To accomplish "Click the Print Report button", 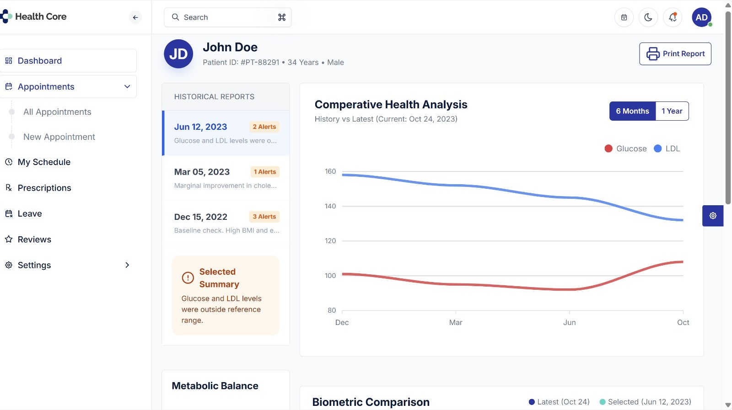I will [675, 54].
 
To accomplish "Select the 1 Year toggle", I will [672, 111].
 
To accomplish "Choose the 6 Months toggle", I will [632, 111].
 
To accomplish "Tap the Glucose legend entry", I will [625, 149].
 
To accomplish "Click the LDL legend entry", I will [667, 149].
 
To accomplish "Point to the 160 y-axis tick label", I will [330, 171].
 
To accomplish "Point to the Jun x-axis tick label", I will [569, 322].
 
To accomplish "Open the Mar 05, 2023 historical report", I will [202, 172].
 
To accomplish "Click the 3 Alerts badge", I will [264, 217].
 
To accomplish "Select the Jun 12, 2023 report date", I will [200, 127].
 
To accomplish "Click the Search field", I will [227, 17].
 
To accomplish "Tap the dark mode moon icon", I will [648, 17].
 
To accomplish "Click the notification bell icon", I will [673, 17].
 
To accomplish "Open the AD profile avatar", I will [701, 17].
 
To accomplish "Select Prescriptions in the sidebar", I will [44, 188].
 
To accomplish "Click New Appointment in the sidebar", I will [59, 137].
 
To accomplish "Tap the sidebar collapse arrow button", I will [135, 17].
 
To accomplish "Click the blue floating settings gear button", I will [712, 216].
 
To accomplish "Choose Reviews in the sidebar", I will [34, 240].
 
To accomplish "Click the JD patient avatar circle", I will [178, 54].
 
